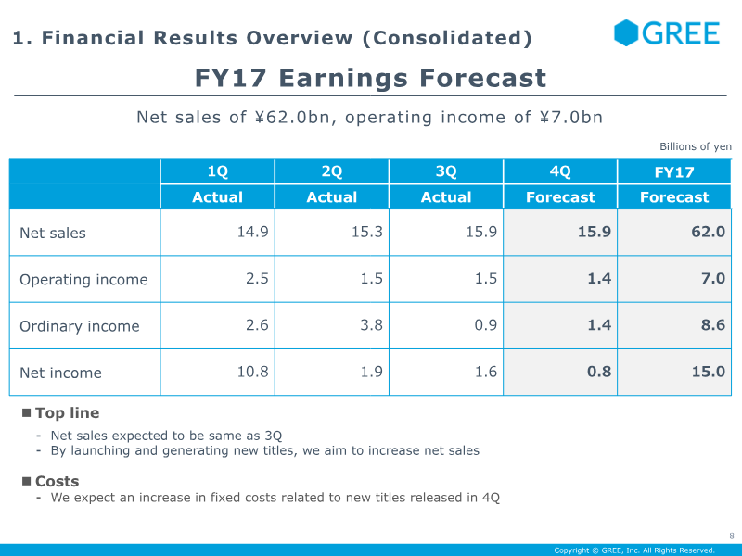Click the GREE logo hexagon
pyautogui.click(x=625, y=32)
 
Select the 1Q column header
pyautogui.click(x=218, y=171)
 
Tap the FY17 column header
pyautogui.click(x=674, y=172)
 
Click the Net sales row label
pyautogui.click(x=53, y=234)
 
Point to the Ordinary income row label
pyautogui.click(x=80, y=326)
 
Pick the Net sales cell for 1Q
pyautogui.click(x=252, y=232)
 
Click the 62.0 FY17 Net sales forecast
pyautogui.click(x=708, y=232)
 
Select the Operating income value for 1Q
pyautogui.click(x=257, y=279)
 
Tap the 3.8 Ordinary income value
pyautogui.click(x=372, y=325)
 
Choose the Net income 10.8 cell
pyautogui.click(x=252, y=372)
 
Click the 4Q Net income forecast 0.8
pyautogui.click(x=599, y=372)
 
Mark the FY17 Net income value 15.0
pyautogui.click(x=708, y=372)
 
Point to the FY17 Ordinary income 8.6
pyautogui.click(x=713, y=325)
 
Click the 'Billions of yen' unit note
pyautogui.click(x=696, y=146)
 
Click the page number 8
pyautogui.click(x=732, y=537)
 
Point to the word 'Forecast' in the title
pyautogui.click(x=483, y=78)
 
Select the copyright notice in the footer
pyautogui.click(x=634, y=550)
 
